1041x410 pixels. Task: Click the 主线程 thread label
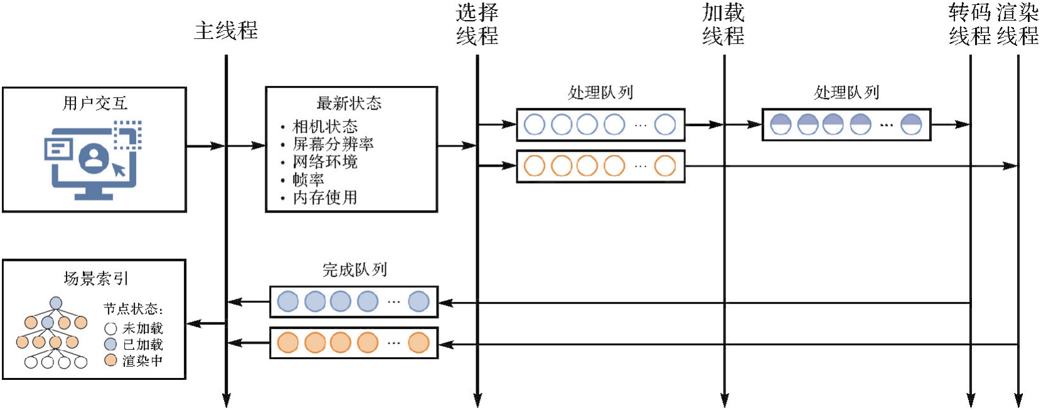pyautogui.click(x=226, y=31)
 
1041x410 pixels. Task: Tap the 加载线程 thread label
pyautogui.click(x=723, y=24)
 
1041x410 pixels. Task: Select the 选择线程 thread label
pyautogui.click(x=477, y=24)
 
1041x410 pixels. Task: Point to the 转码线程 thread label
pyautogui.click(x=969, y=24)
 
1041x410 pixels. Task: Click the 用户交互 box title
pyautogui.click(x=95, y=103)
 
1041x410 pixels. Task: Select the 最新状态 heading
pyautogui.click(x=349, y=103)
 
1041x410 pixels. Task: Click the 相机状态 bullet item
pyautogui.click(x=325, y=127)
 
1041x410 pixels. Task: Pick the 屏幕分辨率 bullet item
pyautogui.click(x=333, y=144)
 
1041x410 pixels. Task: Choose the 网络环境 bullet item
pyautogui.click(x=325, y=162)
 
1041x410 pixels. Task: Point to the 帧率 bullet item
pyautogui.click(x=308, y=180)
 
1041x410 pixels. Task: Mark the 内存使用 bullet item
pyautogui.click(x=325, y=197)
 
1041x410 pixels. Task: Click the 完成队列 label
pyautogui.click(x=355, y=270)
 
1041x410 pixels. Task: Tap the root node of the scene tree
pyautogui.click(x=56, y=303)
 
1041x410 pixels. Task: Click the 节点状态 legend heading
pyautogui.click(x=133, y=309)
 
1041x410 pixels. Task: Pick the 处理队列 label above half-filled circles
pyautogui.click(x=846, y=93)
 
